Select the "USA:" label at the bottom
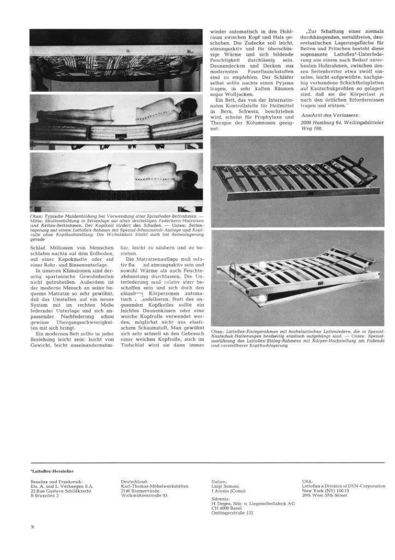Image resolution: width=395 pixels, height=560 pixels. pos(308,481)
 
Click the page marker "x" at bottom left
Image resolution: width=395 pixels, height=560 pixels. pos(32,527)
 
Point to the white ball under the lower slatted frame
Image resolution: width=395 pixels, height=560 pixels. pos(262,299)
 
